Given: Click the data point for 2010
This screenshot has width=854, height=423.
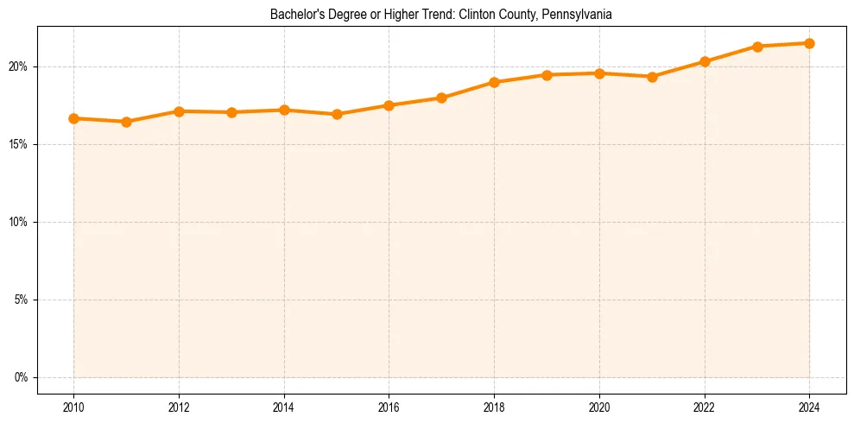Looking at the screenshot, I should click(73, 118).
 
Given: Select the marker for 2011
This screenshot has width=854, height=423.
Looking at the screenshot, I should click(126, 122).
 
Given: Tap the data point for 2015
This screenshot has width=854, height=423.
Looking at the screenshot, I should click(337, 114).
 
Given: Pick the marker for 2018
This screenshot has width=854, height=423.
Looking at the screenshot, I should click(494, 82).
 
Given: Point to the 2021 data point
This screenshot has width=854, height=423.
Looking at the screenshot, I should click(652, 77).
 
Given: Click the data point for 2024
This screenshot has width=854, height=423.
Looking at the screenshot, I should click(809, 43).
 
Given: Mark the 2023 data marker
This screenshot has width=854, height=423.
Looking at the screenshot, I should click(756, 47).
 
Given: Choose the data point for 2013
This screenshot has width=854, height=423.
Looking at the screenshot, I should click(231, 112).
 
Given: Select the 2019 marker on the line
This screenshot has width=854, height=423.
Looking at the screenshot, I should click(547, 75).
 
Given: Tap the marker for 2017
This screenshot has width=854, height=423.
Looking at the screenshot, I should click(441, 98).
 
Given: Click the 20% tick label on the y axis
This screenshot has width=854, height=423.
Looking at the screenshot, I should click(19, 66).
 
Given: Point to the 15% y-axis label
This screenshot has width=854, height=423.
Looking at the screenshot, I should click(19, 144).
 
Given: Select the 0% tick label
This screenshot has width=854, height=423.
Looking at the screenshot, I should click(22, 377).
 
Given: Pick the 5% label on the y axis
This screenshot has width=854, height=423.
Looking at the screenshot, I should click(22, 300).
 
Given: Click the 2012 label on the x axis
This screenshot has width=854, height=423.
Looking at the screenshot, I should click(179, 406).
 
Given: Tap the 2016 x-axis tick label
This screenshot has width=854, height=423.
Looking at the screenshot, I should click(389, 406).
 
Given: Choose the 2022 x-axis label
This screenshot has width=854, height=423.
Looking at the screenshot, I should click(704, 406).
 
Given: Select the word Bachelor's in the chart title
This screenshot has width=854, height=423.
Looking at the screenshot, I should click(294, 15).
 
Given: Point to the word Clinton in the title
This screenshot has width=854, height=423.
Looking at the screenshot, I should click(480, 15).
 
